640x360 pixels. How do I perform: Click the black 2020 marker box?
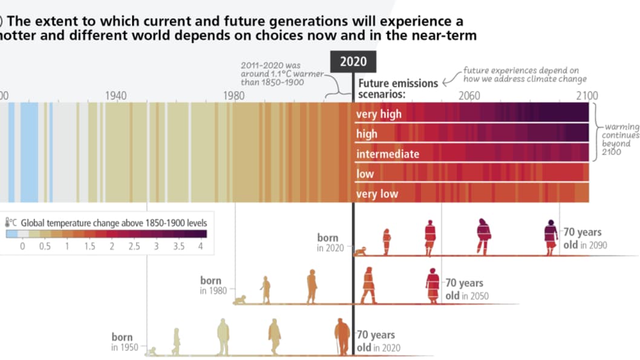tap(353, 62)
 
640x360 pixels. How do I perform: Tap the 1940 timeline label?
tap(116, 96)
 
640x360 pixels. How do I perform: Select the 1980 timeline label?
tap(234, 96)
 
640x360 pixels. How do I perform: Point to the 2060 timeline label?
tap(469, 96)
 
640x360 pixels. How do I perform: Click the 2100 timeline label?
tap(587, 96)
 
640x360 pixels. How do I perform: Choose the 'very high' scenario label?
tap(378, 114)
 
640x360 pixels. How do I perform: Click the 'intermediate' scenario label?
tap(387, 154)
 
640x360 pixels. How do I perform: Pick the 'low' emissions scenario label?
tap(365, 174)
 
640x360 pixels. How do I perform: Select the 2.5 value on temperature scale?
tap(134, 246)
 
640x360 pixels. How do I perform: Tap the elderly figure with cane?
tap(342, 337)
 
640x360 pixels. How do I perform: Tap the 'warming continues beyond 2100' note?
tap(620, 140)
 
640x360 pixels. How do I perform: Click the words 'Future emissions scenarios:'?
tap(398, 88)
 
